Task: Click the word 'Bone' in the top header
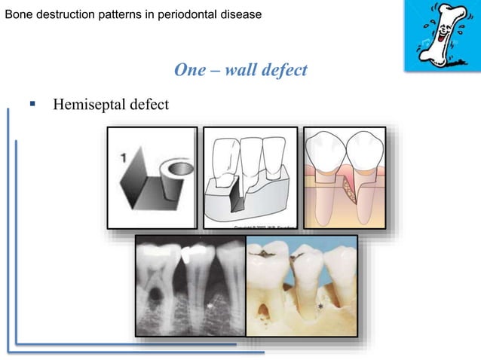click(x=19, y=13)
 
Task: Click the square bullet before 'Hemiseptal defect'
click(x=32, y=103)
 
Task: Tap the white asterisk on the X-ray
click(x=210, y=306)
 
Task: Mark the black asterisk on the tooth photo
click(x=320, y=307)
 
